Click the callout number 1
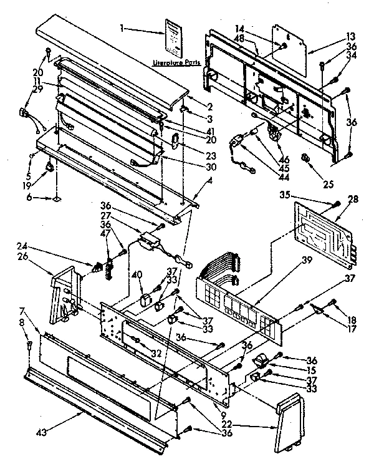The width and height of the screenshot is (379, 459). pyautogui.click(x=123, y=28)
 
